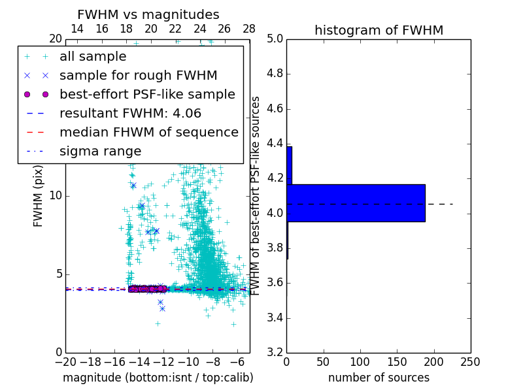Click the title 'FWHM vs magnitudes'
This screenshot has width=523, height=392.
(148, 15)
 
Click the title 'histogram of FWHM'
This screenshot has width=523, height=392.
(379, 30)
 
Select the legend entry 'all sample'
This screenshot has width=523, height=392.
(93, 57)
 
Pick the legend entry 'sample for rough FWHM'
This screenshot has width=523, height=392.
(138, 76)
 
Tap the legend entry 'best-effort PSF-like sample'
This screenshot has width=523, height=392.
(147, 95)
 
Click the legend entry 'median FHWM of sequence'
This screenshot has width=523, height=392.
(148, 133)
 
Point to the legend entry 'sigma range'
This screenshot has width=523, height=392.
(100, 152)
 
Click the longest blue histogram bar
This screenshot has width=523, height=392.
(356, 203)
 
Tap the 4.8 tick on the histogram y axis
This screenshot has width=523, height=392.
(275, 74)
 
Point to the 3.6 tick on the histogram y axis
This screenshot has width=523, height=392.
(275, 283)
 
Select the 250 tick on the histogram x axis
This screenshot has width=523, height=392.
(470, 361)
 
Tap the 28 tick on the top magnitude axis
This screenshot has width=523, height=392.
(249, 29)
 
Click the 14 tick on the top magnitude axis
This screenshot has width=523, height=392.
(77, 29)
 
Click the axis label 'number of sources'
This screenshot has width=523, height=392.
(379, 378)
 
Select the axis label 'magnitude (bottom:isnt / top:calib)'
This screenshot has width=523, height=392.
(158, 378)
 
